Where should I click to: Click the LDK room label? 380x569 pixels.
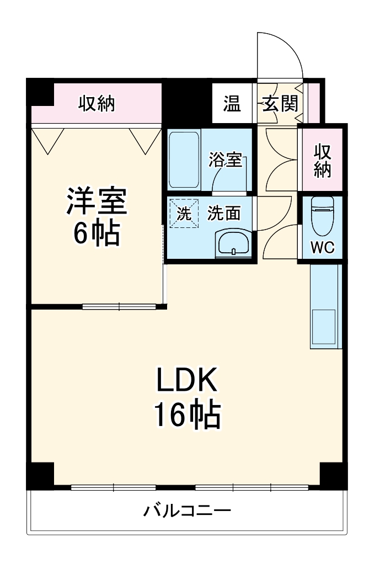click(188, 380)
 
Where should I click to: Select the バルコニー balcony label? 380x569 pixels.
click(187, 510)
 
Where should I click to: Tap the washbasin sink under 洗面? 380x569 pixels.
click(234, 243)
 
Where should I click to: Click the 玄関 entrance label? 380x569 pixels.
click(280, 103)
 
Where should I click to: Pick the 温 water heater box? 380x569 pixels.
click(232, 103)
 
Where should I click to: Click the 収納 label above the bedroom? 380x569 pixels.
click(97, 103)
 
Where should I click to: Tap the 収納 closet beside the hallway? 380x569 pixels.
click(322, 160)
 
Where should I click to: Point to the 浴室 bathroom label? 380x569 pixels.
click(224, 160)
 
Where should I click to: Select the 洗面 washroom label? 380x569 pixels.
click(224, 214)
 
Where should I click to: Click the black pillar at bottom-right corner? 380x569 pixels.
click(333, 475)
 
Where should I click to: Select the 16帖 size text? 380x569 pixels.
click(188, 415)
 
